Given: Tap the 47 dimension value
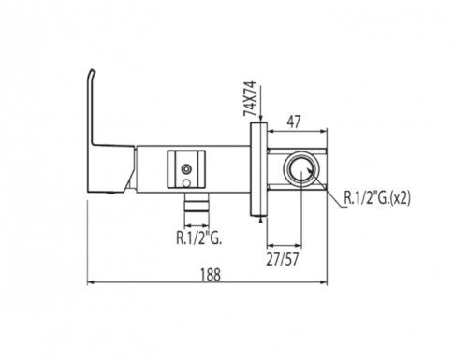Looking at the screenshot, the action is tap(293, 122).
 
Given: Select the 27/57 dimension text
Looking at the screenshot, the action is tap(283, 259).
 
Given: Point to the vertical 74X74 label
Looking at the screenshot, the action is tap(250, 98).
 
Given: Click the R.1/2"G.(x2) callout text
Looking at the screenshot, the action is tap(377, 197).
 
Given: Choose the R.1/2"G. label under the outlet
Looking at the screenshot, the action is tap(198, 238).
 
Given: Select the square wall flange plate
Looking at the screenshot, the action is tap(258, 169).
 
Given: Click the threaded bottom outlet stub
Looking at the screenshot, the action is tap(197, 202).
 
